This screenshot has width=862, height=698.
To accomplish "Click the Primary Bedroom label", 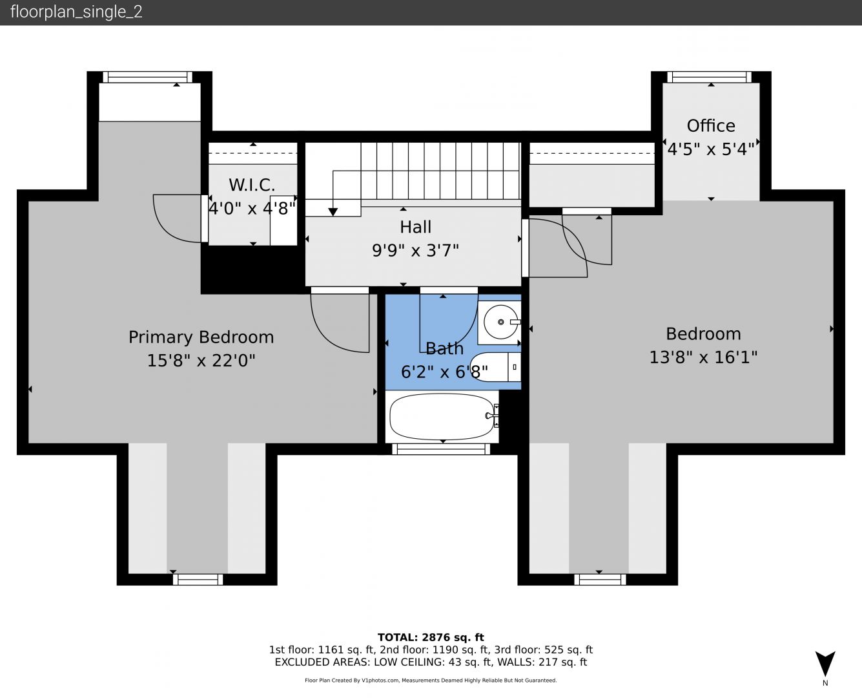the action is [201, 337].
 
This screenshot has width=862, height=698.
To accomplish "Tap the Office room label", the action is [711, 126].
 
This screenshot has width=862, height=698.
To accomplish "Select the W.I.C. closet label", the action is [252, 185].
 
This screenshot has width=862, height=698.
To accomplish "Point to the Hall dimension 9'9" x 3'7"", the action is [415, 250].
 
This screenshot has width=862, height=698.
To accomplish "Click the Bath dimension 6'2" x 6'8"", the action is [444, 372].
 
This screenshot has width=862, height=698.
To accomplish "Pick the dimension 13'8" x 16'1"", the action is [703, 357].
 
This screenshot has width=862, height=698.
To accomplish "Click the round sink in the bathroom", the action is [501, 322].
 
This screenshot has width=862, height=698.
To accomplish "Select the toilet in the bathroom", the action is [496, 367].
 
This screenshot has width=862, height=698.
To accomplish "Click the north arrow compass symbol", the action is [825, 664].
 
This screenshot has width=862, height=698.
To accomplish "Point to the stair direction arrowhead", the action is [333, 212].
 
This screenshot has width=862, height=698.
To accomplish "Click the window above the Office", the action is [709, 77].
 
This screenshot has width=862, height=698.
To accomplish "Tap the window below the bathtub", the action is [441, 449].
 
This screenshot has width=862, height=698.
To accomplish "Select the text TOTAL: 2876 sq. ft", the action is [431, 637].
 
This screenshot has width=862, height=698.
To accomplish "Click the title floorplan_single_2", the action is [76, 12].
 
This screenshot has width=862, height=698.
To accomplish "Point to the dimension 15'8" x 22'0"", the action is [201, 361].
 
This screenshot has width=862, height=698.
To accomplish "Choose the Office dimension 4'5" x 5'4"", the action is [711, 149].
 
